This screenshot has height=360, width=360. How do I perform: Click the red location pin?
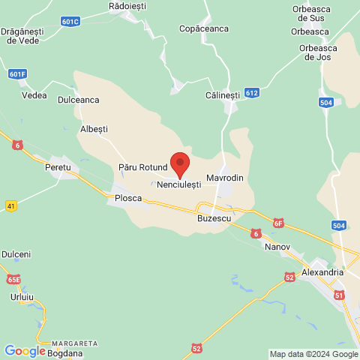pos(180,163)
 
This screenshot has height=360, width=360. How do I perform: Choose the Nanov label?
pos(277,247)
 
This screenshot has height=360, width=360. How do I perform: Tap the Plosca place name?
pos(128,199)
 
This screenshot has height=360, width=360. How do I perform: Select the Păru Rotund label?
pos(140,166)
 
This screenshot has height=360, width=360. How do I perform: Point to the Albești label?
pos(94,129)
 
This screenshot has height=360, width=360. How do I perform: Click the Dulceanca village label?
pos(78,99)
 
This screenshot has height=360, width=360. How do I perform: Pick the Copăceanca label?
pos(203,28)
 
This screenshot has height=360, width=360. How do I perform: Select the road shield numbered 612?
pos(252,93)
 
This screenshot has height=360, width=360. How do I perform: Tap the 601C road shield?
pos(70,22)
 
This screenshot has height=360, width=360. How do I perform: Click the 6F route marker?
pos(279,222)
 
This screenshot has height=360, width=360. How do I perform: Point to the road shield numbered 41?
pos(10,205)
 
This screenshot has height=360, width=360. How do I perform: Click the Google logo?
pos(25,350)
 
